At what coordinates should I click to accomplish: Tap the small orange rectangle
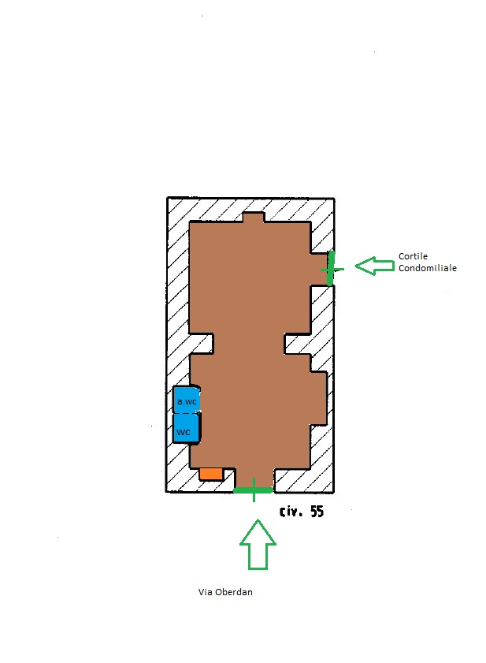pyautogui.click(x=210, y=473)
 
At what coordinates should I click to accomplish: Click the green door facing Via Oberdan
pyautogui.click(x=253, y=490)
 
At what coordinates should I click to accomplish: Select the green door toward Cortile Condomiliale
pyautogui.click(x=331, y=268)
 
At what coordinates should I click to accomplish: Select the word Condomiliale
pyautogui.click(x=428, y=268)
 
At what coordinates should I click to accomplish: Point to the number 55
pyautogui.click(x=316, y=512)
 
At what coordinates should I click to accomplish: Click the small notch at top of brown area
pyautogui.click(x=253, y=218)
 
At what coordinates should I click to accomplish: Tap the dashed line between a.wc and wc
pyautogui.click(x=187, y=412)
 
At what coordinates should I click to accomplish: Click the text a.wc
pyautogui.click(x=187, y=401)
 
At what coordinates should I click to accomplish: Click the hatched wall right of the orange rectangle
pyautogui.click(x=229, y=479)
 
